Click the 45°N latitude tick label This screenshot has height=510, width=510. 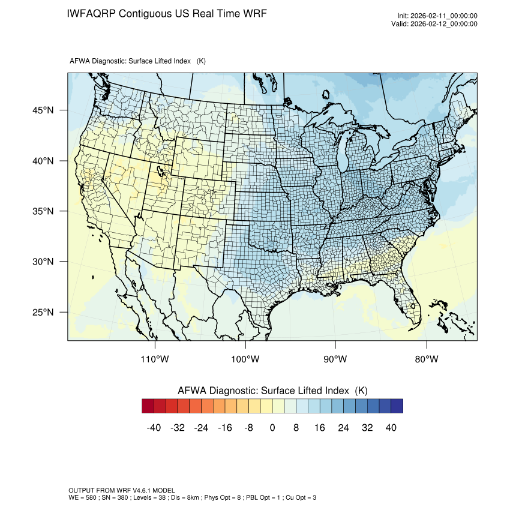(43, 110)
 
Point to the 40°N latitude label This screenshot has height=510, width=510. (43, 161)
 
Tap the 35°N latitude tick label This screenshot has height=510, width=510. (43, 211)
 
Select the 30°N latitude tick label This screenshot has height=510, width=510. (43, 262)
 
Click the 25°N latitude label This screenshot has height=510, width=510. (43, 312)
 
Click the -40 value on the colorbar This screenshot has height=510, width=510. (154, 427)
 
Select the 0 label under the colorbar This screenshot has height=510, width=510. (272, 427)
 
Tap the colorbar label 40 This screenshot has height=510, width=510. (391, 427)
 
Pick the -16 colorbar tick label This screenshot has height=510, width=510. (225, 427)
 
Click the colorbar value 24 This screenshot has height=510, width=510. (343, 427)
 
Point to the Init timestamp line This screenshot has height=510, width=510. (437, 16)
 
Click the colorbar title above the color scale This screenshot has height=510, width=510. (272, 390)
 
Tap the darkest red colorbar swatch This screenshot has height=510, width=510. (148, 406)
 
